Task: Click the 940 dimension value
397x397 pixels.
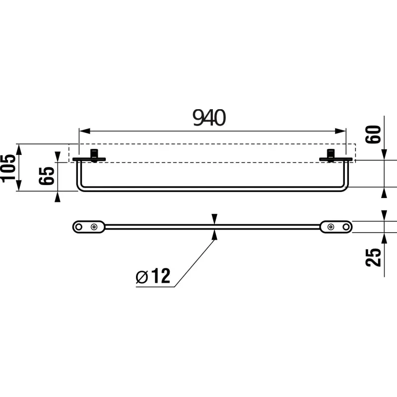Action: (x=209, y=118)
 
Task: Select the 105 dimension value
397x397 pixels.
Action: (x=9, y=168)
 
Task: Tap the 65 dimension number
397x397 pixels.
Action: (x=47, y=176)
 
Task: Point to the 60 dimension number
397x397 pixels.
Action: (x=373, y=134)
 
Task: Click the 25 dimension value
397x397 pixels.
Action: (x=373, y=257)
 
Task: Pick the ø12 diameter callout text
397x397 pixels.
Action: (x=153, y=276)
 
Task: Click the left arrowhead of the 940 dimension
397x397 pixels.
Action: (x=85, y=131)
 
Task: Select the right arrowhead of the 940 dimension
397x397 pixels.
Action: (x=340, y=131)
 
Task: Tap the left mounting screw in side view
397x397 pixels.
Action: (x=94, y=155)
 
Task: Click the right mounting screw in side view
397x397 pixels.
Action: (x=331, y=155)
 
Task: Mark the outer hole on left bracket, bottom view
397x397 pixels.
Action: (x=79, y=227)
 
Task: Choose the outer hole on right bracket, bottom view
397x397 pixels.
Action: (x=346, y=227)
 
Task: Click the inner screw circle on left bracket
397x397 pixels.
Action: (x=94, y=227)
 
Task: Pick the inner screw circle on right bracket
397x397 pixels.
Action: (x=331, y=227)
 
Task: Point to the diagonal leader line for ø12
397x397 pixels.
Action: (x=195, y=264)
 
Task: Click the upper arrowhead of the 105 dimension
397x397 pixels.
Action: (x=19, y=149)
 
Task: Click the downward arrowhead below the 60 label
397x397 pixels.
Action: (x=384, y=154)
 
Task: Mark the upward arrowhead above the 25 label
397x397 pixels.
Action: (x=384, y=239)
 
